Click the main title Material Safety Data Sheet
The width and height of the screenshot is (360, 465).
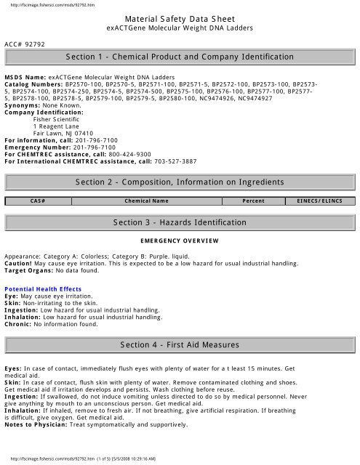[179, 17]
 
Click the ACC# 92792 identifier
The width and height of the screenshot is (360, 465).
[25, 44]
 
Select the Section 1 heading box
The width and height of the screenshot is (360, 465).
[179, 56]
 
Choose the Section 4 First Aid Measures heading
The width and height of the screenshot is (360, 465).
[180, 341]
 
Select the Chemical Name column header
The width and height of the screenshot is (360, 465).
[147, 201]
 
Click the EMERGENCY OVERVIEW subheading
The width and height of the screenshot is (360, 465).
[179, 239]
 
